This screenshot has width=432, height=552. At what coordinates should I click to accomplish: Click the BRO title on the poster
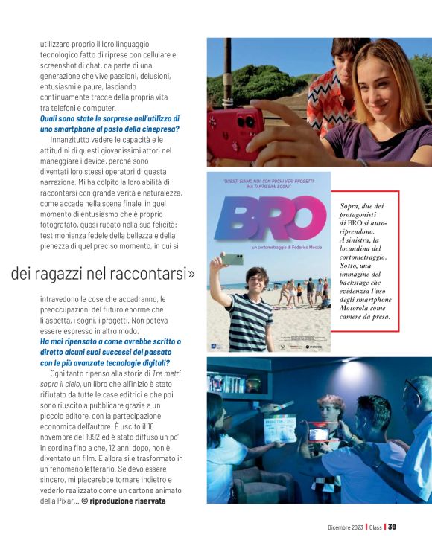coord(270,217)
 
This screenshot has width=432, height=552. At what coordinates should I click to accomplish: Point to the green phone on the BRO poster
coord(235,260)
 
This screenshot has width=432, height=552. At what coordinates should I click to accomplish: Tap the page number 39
coord(392,527)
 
